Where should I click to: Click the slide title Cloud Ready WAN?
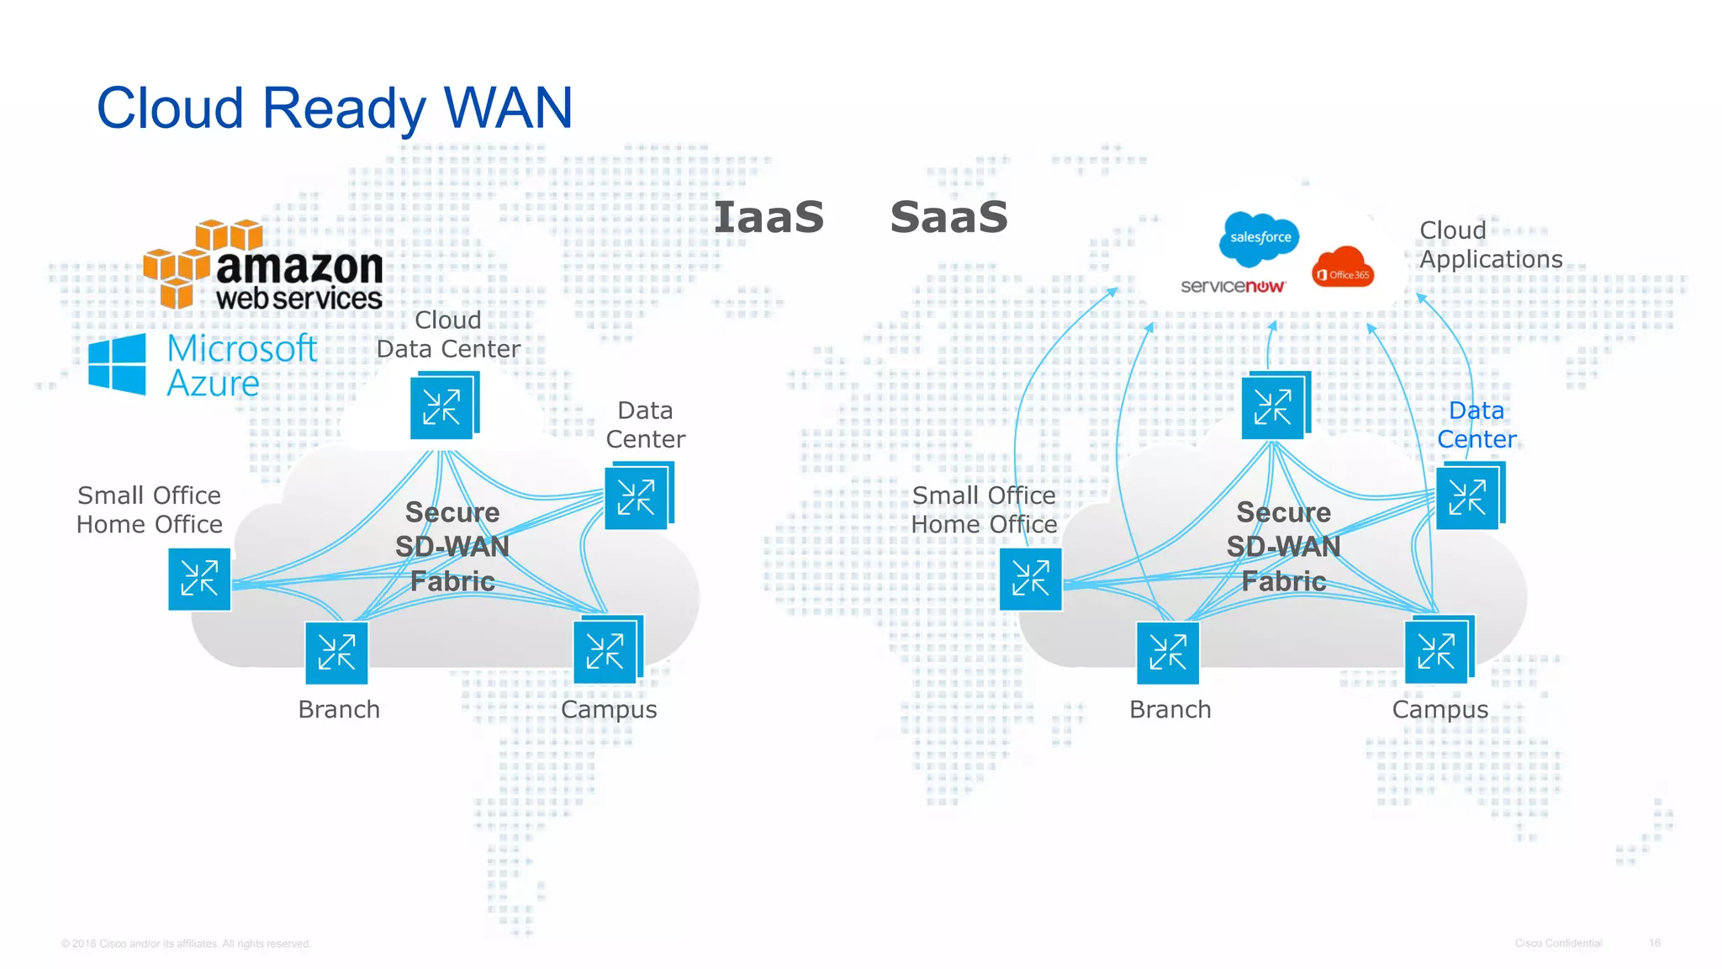point(335,108)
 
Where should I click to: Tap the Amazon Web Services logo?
point(263,267)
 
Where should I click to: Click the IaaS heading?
point(769,217)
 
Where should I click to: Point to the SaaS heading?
point(948,217)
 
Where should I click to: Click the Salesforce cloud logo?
point(1260,236)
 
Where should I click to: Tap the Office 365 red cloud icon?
point(1343,268)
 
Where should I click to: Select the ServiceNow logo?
point(1233,286)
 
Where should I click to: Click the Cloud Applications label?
point(1490,245)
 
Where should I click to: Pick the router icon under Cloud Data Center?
point(443,407)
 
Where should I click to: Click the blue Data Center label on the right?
point(1476,425)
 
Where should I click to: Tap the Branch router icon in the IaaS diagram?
point(336,653)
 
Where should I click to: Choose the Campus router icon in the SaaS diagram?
point(1437,651)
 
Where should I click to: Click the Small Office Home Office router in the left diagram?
point(199,579)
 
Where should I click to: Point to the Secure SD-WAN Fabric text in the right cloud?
point(1283,547)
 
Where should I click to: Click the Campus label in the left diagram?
point(609,709)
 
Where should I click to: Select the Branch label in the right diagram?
point(1170,709)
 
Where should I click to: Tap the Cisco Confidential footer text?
point(1558,943)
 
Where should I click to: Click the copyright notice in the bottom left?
point(186,944)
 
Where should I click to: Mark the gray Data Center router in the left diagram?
point(637,497)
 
